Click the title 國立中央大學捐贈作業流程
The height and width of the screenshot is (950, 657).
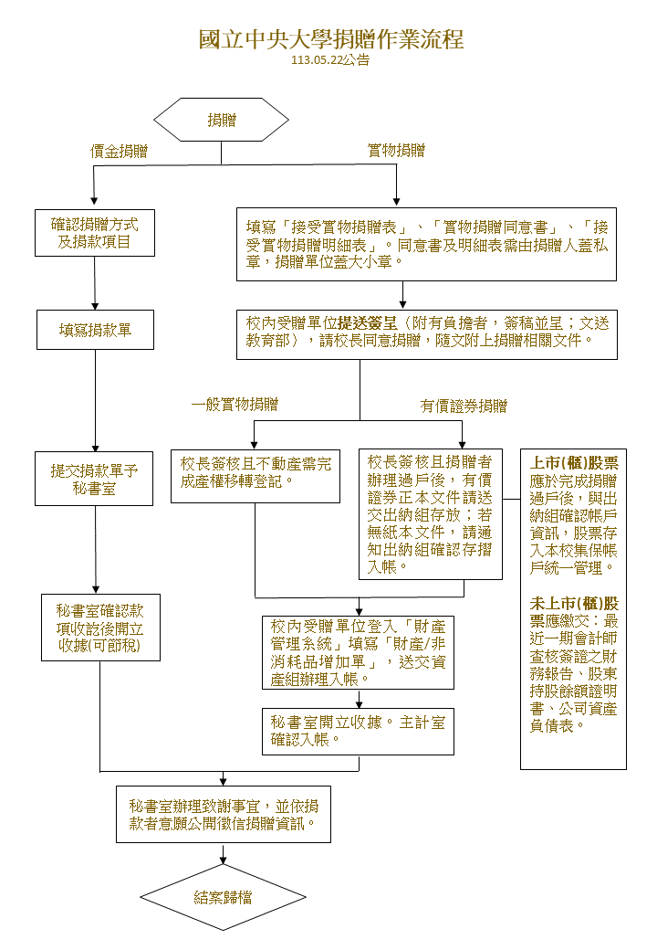click(x=330, y=39)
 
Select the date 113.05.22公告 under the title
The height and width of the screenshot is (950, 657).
click(x=330, y=61)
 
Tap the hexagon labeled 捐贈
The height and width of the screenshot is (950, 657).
click(x=222, y=121)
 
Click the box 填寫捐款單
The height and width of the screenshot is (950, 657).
click(x=95, y=330)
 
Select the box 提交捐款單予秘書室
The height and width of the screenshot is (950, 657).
click(x=94, y=479)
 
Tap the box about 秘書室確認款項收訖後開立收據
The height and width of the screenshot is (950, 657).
click(x=100, y=628)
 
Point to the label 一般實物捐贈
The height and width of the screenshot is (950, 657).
click(x=235, y=405)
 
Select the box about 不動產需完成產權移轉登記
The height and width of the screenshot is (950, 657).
click(x=255, y=475)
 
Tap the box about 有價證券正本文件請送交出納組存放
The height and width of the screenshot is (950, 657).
click(x=430, y=514)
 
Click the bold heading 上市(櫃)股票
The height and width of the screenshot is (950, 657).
click(x=574, y=463)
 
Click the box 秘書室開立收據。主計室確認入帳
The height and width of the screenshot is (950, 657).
click(x=358, y=731)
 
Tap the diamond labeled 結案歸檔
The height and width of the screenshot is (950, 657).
click(x=224, y=897)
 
